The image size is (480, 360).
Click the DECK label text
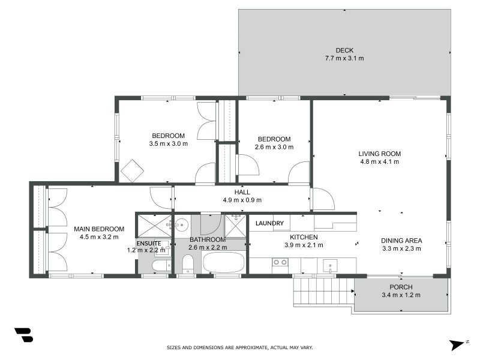[x=344, y=50]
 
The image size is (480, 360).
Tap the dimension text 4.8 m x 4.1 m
[x=379, y=161]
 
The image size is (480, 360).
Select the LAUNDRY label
[x=269, y=223]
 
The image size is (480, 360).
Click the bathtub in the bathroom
[x=224, y=263]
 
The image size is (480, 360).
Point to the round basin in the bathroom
[x=182, y=225]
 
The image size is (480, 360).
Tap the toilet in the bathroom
[x=188, y=263]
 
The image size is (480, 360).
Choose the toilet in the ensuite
[x=161, y=265]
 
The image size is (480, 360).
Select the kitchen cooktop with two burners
[x=280, y=262]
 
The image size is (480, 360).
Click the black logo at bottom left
[x=23, y=335]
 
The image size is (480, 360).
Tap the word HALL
[x=242, y=192]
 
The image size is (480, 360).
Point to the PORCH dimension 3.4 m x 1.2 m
[x=401, y=295]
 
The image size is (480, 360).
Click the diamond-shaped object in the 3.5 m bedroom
[x=132, y=170]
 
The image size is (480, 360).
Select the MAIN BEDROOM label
[x=99, y=229]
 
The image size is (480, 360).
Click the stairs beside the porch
[x=322, y=292]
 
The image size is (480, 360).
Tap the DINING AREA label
[x=401, y=241]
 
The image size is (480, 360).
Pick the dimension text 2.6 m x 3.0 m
[x=274, y=147]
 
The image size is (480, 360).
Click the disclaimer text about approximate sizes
[x=239, y=347]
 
